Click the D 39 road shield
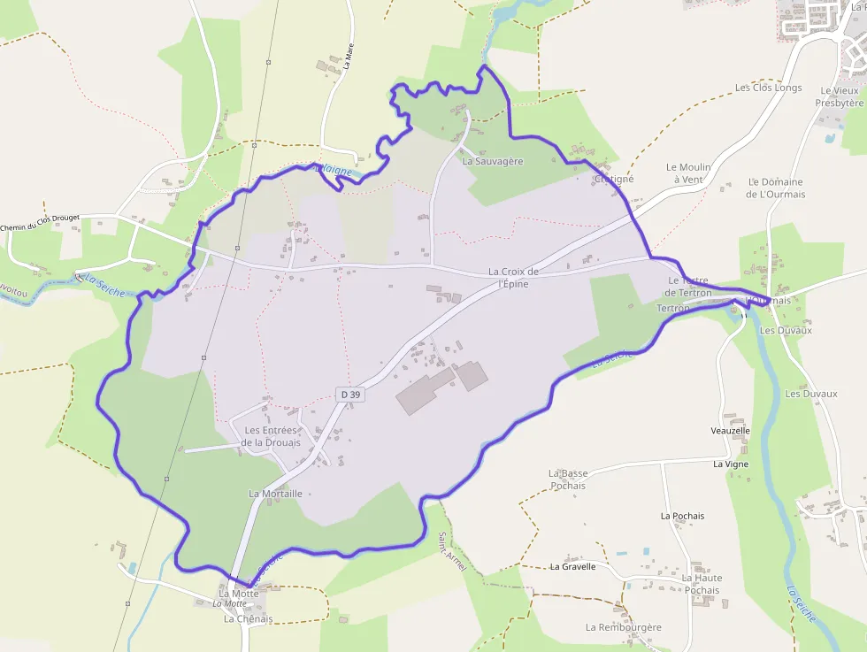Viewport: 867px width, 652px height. [x=350, y=394]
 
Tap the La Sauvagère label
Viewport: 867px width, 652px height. [x=493, y=162]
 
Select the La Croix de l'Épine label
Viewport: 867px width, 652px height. [x=513, y=278]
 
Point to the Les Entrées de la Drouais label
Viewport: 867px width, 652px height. [x=272, y=436]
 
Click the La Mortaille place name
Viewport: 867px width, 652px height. [x=276, y=494]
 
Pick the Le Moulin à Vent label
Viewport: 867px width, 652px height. [x=688, y=173]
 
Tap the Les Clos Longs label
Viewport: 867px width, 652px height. [x=768, y=88]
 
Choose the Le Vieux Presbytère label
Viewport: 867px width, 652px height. [x=840, y=96]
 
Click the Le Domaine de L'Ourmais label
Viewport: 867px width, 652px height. [x=776, y=188]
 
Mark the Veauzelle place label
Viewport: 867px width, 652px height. [x=730, y=431]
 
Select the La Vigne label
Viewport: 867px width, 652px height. [x=731, y=464]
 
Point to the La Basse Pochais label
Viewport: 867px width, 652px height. [x=568, y=479]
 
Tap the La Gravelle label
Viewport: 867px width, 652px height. [x=572, y=566]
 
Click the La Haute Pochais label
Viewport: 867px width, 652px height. [x=701, y=584]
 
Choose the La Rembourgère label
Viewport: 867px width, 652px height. [x=623, y=627]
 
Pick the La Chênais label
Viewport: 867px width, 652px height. [x=248, y=619]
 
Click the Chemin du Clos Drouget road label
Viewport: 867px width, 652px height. [x=40, y=228]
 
